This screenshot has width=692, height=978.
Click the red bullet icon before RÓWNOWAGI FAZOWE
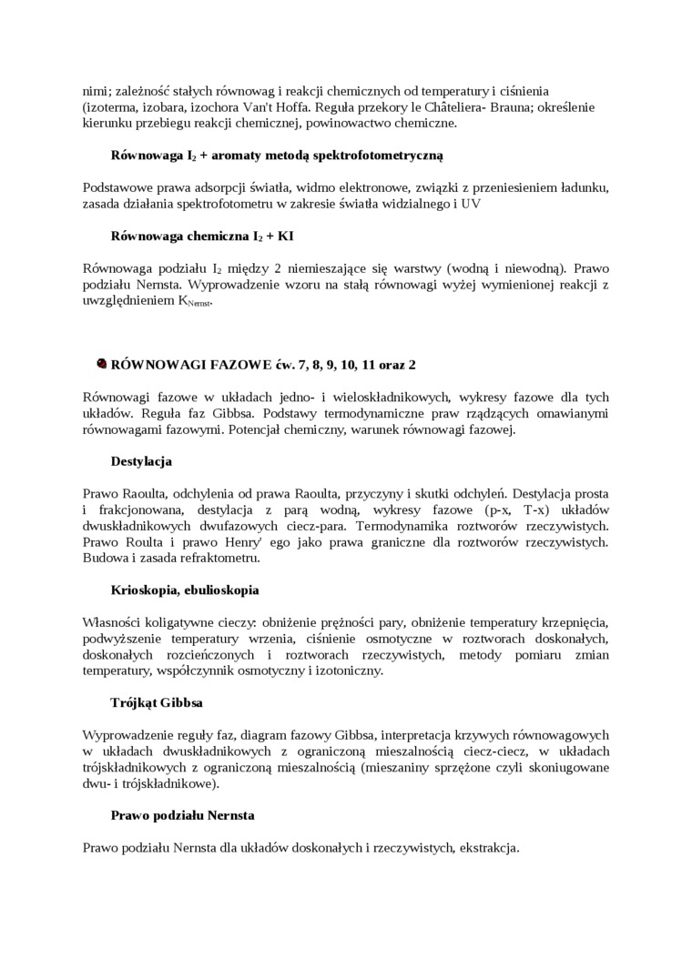coord(101,364)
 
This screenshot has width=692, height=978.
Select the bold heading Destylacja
coord(141,461)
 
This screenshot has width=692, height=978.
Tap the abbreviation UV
coord(470,204)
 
